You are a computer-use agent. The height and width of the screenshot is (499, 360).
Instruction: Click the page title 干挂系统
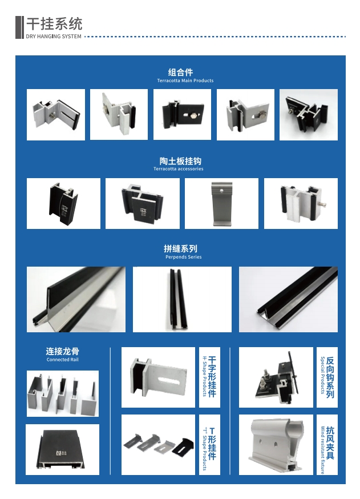point(54,24)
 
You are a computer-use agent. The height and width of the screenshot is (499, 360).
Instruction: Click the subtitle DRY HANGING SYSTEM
point(54,37)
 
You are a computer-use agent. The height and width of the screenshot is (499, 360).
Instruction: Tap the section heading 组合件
point(180,72)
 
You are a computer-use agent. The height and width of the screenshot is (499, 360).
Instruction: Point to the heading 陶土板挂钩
point(180,161)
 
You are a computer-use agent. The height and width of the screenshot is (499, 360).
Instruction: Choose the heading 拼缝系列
point(180,248)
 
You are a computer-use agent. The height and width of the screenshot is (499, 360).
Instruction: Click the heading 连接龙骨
point(62,351)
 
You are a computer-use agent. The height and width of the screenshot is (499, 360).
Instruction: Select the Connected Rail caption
point(62,360)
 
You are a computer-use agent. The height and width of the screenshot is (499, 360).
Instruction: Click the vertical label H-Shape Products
point(204,377)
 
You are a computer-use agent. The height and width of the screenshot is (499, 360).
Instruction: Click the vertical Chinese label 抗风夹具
point(330,444)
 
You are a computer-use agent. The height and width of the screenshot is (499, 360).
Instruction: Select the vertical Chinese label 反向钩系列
point(330,377)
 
